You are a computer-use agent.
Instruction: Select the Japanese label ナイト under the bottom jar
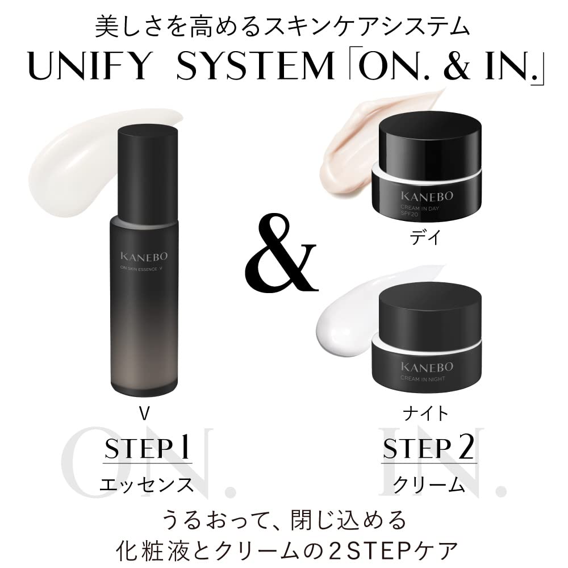pyautogui.click(x=425, y=413)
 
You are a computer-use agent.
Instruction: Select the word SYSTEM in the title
pyautogui.click(x=254, y=69)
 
